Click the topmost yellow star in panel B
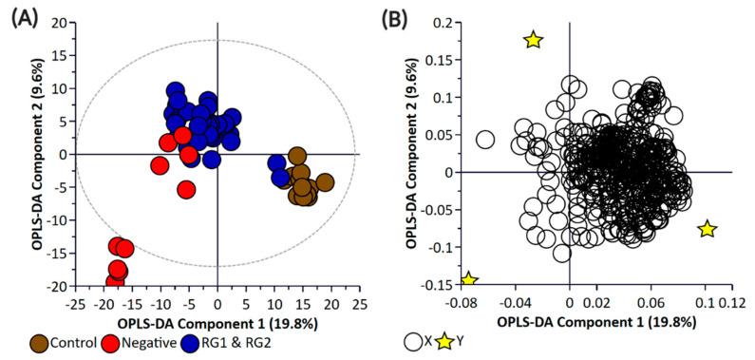(x=533, y=40)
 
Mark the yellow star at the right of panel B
(x=707, y=229)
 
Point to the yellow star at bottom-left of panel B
(x=468, y=280)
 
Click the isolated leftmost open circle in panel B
(x=484, y=140)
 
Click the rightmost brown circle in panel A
(x=325, y=183)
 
